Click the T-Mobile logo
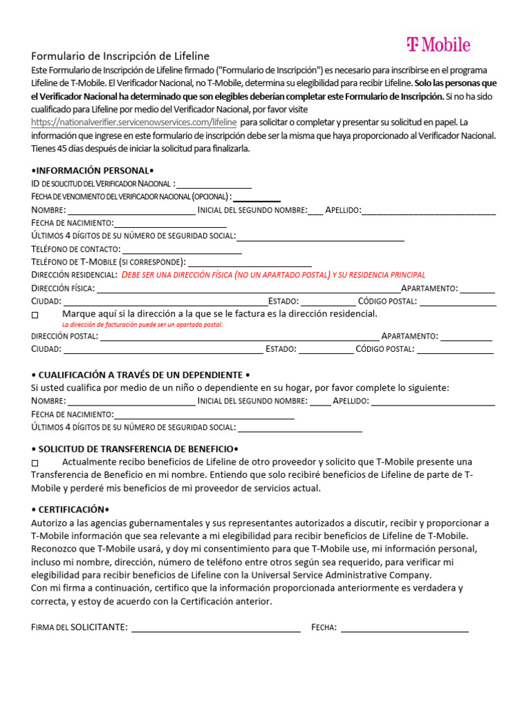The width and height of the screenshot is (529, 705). click(x=438, y=45)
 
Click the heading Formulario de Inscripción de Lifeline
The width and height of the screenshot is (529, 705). click(x=121, y=56)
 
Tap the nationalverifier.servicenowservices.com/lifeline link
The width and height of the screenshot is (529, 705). click(x=134, y=122)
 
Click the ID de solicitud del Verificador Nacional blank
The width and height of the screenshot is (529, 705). click(x=214, y=185)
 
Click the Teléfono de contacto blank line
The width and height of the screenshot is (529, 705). click(x=182, y=250)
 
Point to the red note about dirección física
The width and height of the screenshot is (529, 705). click(x=273, y=275)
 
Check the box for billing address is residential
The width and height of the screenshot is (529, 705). click(x=36, y=315)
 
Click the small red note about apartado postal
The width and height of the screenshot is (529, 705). click(x=142, y=324)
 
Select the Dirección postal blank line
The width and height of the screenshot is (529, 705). click(x=239, y=337)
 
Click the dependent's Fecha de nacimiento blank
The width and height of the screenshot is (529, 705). click(x=204, y=415)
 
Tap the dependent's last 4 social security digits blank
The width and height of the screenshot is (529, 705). click(x=300, y=428)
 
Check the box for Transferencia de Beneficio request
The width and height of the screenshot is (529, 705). click(x=36, y=462)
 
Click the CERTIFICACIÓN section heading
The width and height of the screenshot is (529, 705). click(x=70, y=510)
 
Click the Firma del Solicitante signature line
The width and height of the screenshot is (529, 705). click(x=216, y=628)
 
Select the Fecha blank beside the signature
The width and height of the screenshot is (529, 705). click(x=404, y=628)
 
